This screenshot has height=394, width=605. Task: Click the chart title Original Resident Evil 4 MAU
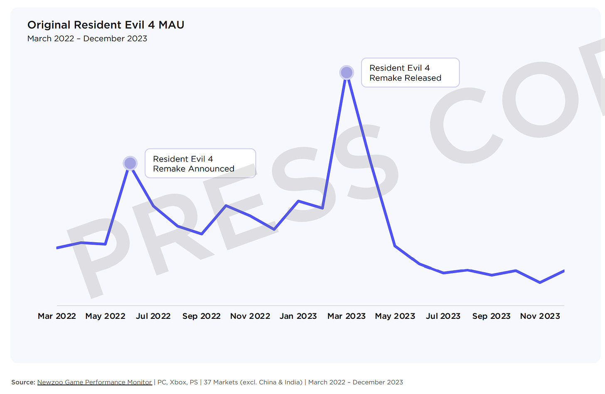[x=106, y=25]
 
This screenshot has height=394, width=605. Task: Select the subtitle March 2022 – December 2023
[x=87, y=39]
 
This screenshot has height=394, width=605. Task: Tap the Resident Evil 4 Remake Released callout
[x=410, y=73]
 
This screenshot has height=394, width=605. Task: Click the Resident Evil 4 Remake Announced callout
[x=200, y=164]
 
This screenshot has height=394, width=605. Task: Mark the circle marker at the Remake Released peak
[x=347, y=73]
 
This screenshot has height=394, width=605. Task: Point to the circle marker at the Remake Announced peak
[x=130, y=163]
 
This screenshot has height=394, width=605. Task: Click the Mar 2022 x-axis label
[x=57, y=316]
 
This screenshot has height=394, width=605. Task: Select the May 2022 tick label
[x=105, y=316]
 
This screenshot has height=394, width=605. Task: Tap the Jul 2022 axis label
[x=153, y=316]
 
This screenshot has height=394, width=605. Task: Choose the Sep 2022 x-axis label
[x=202, y=316]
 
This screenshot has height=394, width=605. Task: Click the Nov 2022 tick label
[x=250, y=316]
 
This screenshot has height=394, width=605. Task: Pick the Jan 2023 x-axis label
[x=298, y=316]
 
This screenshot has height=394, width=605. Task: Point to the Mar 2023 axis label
[x=347, y=316]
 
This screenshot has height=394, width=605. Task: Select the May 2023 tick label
[x=395, y=316]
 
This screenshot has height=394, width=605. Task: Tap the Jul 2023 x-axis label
[x=443, y=316]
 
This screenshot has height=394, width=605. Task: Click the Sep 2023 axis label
[x=492, y=316]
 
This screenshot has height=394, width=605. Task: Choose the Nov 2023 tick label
[x=540, y=316]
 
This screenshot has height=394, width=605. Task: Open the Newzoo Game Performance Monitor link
[x=95, y=382]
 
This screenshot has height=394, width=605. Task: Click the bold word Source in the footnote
[x=23, y=382]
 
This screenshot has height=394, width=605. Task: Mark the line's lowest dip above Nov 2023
[x=540, y=283]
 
